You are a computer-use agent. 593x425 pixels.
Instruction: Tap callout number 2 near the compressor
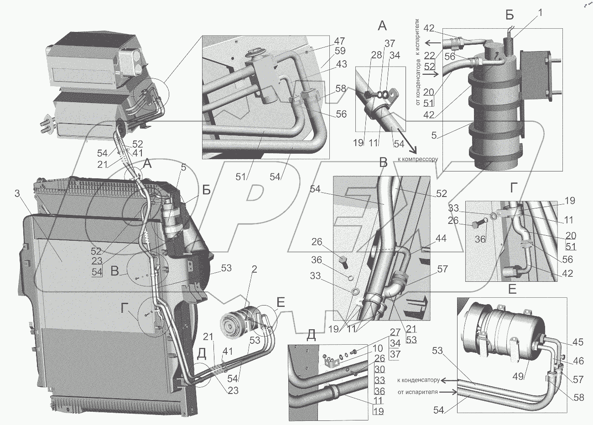pyautogui.click(x=253, y=270)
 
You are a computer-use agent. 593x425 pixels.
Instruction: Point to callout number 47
pyautogui.click(x=339, y=41)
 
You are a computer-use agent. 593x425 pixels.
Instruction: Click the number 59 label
pyautogui.click(x=340, y=51)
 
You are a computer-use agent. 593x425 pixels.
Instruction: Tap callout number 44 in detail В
pyautogui.click(x=441, y=238)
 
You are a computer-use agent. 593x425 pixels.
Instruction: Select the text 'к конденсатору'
pyautogui.click(x=418, y=380)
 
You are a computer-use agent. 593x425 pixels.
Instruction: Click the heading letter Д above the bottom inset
pyautogui.click(x=311, y=335)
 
